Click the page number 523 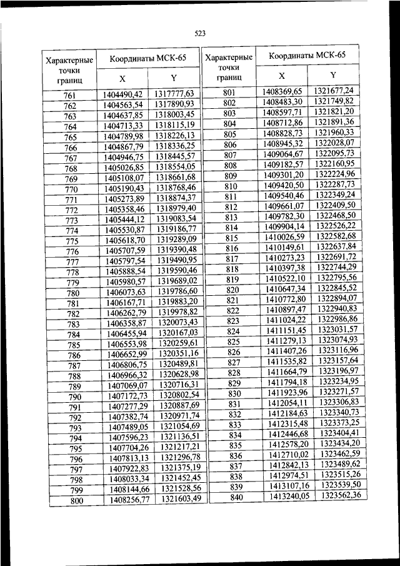200,33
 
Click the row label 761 70,95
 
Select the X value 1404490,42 124,94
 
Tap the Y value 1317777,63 175,94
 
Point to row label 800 76,501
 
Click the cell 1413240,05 289,497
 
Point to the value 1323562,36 341,495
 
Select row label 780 72,293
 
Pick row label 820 232,290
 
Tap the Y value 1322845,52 337,288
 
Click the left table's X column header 122,79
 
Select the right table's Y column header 333,75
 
